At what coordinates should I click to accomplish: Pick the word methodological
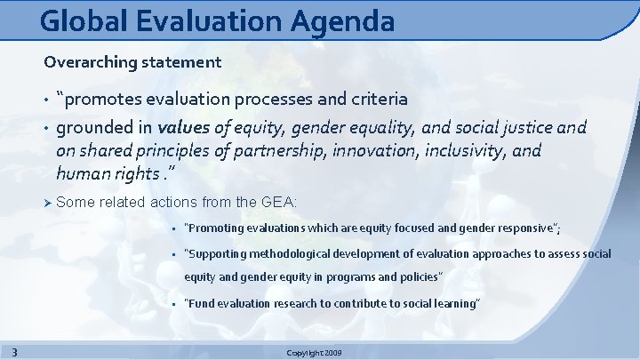[310, 254]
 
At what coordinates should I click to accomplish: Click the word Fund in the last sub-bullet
[201, 304]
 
